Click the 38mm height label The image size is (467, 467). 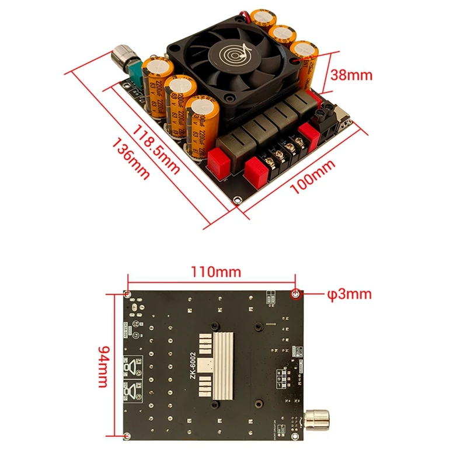point(351,75)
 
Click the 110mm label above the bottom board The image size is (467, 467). point(211,272)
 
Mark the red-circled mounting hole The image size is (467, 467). point(296,293)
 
